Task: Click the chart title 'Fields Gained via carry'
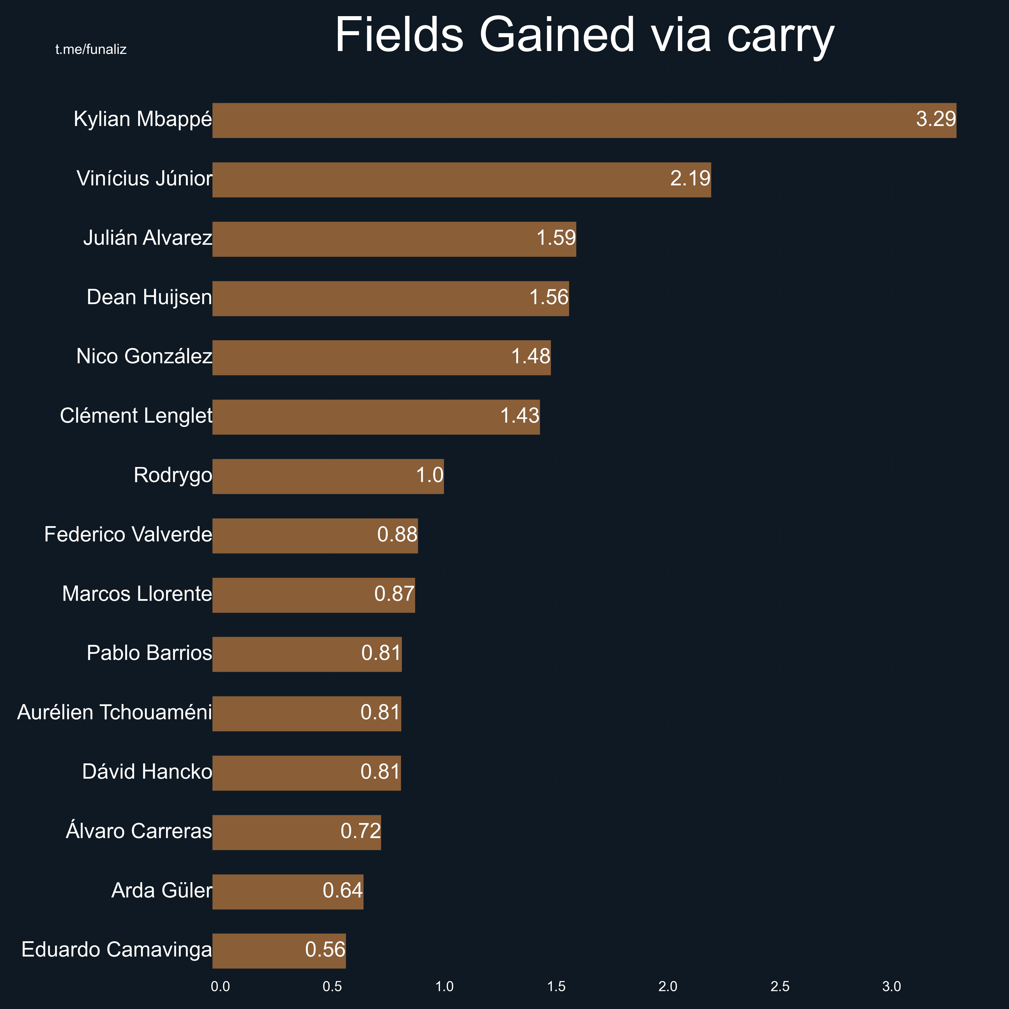click(x=584, y=35)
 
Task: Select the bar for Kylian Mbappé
click(x=584, y=121)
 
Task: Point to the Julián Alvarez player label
click(x=148, y=238)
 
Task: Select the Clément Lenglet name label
click(x=136, y=416)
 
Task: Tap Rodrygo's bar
click(x=328, y=476)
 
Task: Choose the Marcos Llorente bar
click(x=313, y=595)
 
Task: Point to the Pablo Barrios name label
click(x=149, y=653)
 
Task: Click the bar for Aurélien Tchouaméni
click(x=306, y=714)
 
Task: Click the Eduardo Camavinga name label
click(x=116, y=950)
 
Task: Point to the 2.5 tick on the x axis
click(x=780, y=987)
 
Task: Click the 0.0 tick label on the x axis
click(x=220, y=987)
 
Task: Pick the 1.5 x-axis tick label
click(x=556, y=987)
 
